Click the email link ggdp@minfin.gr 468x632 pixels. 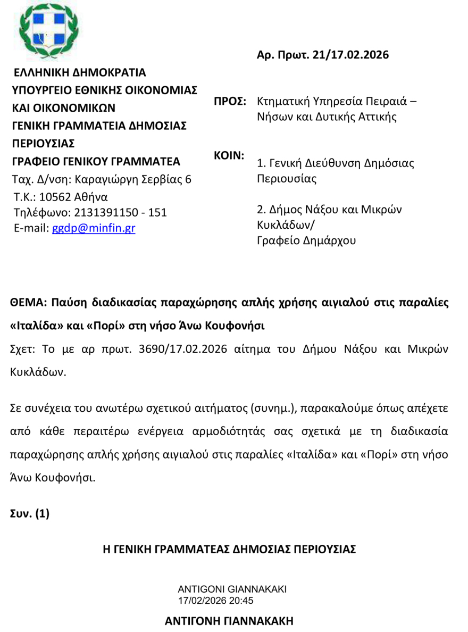(93, 228)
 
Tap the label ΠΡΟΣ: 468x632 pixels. (230, 101)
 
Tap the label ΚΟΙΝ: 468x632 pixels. (229, 156)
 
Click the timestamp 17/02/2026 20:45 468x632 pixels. (215, 601)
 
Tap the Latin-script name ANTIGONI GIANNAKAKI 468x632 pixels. (232, 589)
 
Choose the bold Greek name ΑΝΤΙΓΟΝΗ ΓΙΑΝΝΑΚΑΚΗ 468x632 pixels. (229, 621)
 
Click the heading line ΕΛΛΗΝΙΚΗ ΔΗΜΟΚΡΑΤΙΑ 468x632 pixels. (79, 72)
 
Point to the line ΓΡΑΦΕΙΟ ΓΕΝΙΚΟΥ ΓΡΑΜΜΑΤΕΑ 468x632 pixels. (96, 161)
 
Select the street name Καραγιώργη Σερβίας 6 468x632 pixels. (133, 179)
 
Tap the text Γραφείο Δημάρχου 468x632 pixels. (306, 240)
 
